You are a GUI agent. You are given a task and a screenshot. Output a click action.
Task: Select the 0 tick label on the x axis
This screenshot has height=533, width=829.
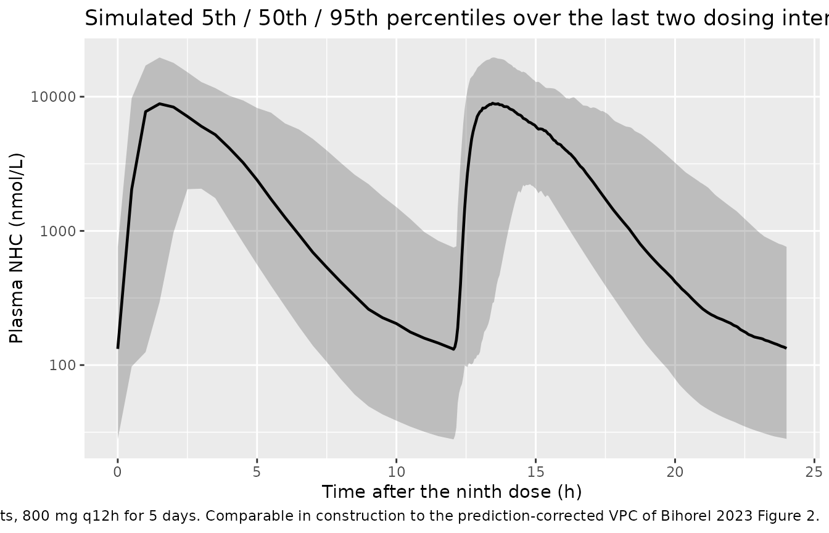(118, 472)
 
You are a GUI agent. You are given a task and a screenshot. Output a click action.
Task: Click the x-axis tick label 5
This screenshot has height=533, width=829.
(257, 472)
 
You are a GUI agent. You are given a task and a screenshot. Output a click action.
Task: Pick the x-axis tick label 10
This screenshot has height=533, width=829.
(397, 472)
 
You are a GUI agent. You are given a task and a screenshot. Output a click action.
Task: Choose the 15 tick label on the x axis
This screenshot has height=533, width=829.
(535, 472)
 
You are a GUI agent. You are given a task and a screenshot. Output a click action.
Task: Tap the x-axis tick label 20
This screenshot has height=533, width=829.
(675, 472)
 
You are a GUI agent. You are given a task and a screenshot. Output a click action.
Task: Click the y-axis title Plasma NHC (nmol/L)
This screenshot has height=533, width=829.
(17, 248)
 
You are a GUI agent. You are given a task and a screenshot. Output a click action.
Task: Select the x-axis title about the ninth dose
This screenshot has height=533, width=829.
(452, 492)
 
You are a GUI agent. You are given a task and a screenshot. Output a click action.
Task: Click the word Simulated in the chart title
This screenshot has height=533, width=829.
(139, 18)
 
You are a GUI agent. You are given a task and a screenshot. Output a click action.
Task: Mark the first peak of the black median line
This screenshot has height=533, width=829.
(160, 104)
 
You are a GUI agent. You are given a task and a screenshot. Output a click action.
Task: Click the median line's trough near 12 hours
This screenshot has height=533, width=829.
(454, 349)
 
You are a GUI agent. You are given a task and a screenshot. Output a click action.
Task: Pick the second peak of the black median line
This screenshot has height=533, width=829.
(493, 104)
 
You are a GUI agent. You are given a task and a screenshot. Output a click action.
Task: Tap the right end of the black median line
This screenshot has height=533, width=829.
(786, 348)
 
